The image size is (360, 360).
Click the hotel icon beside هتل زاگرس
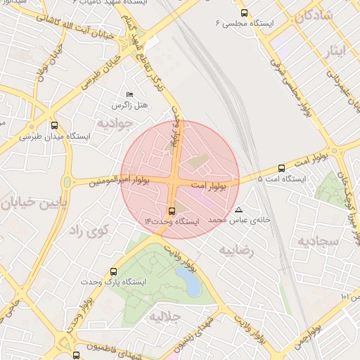tap(129, 94)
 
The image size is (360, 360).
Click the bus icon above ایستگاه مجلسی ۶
tap(244, 13)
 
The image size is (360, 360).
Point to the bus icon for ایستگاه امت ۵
tap(282, 168)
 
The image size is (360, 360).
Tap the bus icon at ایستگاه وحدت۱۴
tap(172, 210)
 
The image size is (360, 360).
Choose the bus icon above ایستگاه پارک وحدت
tap(114, 271)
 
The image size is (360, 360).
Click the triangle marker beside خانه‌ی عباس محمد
tap(239, 210)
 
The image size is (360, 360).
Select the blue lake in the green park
tap(189, 281)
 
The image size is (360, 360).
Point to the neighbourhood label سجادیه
tap(318, 241)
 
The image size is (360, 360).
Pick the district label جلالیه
tap(165, 316)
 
